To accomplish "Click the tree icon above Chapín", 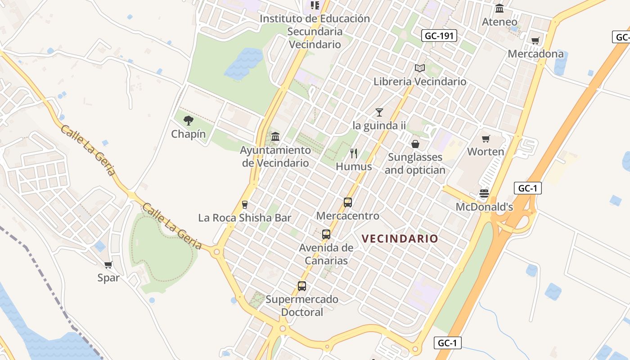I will (x=189, y=120).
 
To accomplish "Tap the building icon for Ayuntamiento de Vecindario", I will (x=275, y=136).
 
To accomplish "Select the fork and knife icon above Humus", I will (x=354, y=153).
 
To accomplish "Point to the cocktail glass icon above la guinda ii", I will (x=379, y=112).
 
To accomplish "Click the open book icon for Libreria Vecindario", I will (x=420, y=68).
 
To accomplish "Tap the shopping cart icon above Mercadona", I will (x=535, y=41).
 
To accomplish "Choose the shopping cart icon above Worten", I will (x=486, y=139).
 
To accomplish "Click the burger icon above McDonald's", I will (x=484, y=194).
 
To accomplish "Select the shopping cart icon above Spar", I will (x=108, y=265).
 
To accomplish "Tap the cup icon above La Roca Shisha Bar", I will (x=245, y=205).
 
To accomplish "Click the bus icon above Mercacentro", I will (x=348, y=202).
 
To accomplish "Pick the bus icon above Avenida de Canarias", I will (x=326, y=234).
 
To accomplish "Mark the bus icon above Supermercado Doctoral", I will (x=302, y=286).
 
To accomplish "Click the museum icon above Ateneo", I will (x=499, y=9).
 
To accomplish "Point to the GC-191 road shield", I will (x=439, y=36).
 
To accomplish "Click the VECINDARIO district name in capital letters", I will (x=400, y=238).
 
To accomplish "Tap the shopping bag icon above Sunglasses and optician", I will (x=415, y=144).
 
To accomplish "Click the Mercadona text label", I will (x=535, y=54).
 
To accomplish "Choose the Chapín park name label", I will (x=189, y=134).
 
